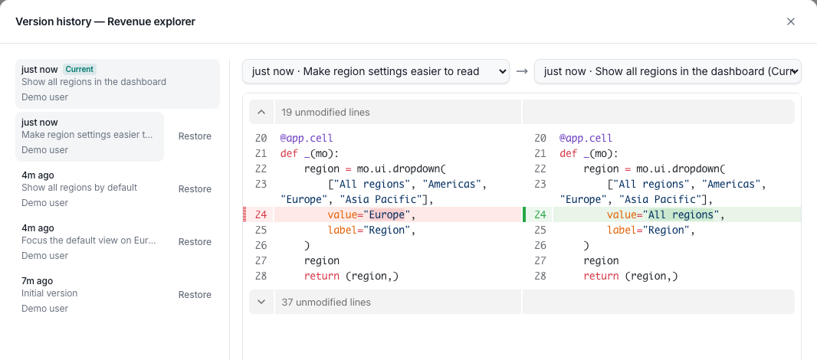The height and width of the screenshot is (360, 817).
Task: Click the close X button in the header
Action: [x=790, y=21]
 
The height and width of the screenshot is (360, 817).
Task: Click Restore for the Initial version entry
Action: [x=195, y=295]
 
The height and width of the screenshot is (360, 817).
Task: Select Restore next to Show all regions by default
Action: [x=195, y=189]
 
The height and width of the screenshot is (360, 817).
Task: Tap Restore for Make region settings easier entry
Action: [x=195, y=136]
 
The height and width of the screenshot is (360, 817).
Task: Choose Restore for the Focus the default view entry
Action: [x=195, y=242]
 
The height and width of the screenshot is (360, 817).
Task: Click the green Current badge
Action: [x=80, y=69]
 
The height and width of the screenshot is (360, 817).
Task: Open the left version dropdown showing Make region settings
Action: [x=376, y=71]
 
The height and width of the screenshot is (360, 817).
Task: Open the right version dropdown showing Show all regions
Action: [x=668, y=71]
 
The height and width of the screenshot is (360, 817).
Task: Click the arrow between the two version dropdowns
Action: [x=522, y=71]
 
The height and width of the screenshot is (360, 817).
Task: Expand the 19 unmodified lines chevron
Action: [x=261, y=112]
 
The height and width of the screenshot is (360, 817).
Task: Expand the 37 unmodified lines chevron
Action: [x=261, y=303]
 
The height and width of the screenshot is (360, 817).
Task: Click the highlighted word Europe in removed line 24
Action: [x=386, y=214]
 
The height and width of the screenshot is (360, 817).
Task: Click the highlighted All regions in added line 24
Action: [x=681, y=214]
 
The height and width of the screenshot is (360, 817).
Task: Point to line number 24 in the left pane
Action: [x=261, y=214]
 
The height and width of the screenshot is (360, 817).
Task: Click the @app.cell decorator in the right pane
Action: [x=586, y=139]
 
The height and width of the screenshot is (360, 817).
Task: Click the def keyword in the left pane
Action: [x=289, y=154]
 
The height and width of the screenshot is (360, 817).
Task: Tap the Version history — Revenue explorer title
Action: [x=105, y=21]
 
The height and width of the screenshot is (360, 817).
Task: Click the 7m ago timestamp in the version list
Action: [x=37, y=281]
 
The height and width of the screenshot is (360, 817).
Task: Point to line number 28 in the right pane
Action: [x=540, y=276]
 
